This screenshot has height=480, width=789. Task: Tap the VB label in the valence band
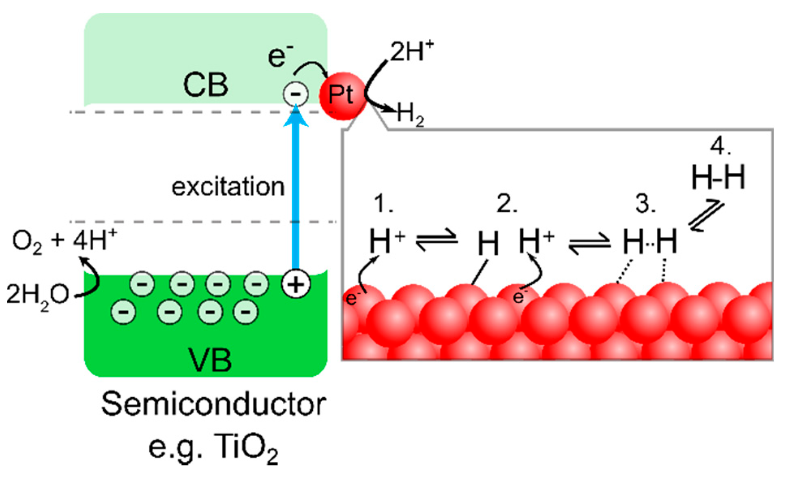210,360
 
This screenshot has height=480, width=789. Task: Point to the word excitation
228,187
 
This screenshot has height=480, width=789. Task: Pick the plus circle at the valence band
296,284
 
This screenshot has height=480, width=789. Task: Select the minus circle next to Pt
296,94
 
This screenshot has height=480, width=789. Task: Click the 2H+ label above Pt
411,52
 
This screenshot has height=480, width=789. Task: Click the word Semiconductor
213,404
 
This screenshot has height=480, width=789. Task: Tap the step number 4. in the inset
720,146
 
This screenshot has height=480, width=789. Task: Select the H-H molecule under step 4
718,177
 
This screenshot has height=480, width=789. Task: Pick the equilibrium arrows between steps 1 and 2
436,239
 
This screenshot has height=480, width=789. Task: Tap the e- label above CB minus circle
280,56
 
